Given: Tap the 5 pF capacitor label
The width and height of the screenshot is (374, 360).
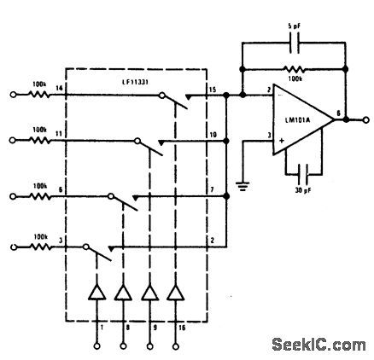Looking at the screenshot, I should (294, 25).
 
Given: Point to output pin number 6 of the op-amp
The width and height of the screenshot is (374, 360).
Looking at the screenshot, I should (340, 112).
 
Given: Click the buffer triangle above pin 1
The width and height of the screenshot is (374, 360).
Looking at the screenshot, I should (96, 295).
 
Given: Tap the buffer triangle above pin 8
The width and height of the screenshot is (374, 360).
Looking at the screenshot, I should (122, 295).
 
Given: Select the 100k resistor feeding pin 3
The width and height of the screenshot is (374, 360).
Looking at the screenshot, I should (38, 247).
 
